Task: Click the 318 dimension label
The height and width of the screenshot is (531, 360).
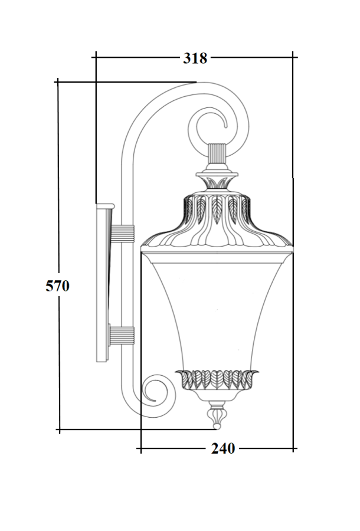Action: pyautogui.click(x=195, y=58)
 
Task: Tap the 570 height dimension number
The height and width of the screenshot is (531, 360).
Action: pyautogui.click(x=58, y=286)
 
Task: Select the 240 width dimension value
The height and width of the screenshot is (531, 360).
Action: pyautogui.click(x=223, y=449)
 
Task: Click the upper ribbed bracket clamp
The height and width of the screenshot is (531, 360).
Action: pyautogui.click(x=122, y=234)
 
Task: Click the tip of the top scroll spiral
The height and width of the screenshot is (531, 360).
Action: pyautogui.click(x=225, y=127)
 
